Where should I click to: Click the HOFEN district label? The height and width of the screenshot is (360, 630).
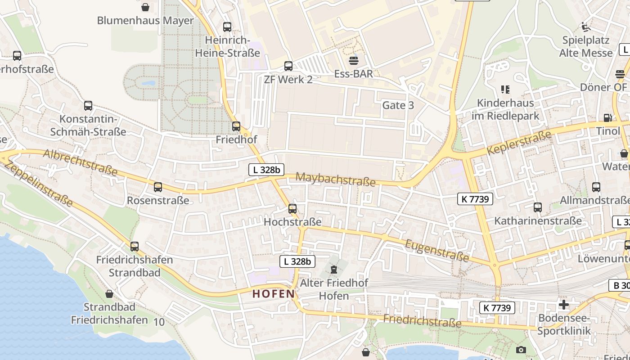point(273,294)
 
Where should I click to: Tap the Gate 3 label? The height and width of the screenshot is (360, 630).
point(398,105)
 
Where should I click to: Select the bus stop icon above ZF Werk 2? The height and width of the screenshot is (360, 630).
point(288,66)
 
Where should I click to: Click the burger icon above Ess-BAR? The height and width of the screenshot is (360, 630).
point(354,60)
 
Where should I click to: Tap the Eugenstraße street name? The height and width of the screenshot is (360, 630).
point(437,250)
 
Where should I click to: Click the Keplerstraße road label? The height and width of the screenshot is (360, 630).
point(519,143)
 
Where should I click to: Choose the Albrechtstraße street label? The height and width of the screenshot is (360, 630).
point(81,162)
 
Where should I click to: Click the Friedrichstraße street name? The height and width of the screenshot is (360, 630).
point(422,321)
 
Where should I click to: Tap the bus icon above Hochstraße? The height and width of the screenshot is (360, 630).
point(292,209)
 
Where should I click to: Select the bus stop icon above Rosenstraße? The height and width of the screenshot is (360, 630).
point(158,187)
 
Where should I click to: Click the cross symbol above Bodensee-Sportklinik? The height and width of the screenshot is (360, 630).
point(563,305)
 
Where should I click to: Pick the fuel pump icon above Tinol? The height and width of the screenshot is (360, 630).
point(607,118)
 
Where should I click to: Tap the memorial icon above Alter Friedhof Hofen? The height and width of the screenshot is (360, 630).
point(334,270)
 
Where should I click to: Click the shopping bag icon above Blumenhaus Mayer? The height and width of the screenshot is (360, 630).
point(145,7)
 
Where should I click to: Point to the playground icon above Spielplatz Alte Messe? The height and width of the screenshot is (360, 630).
point(585,27)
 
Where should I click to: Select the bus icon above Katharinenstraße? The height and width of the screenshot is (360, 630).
point(538,207)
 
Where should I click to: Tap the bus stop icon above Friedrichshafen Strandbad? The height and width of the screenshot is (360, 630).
point(135,247)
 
